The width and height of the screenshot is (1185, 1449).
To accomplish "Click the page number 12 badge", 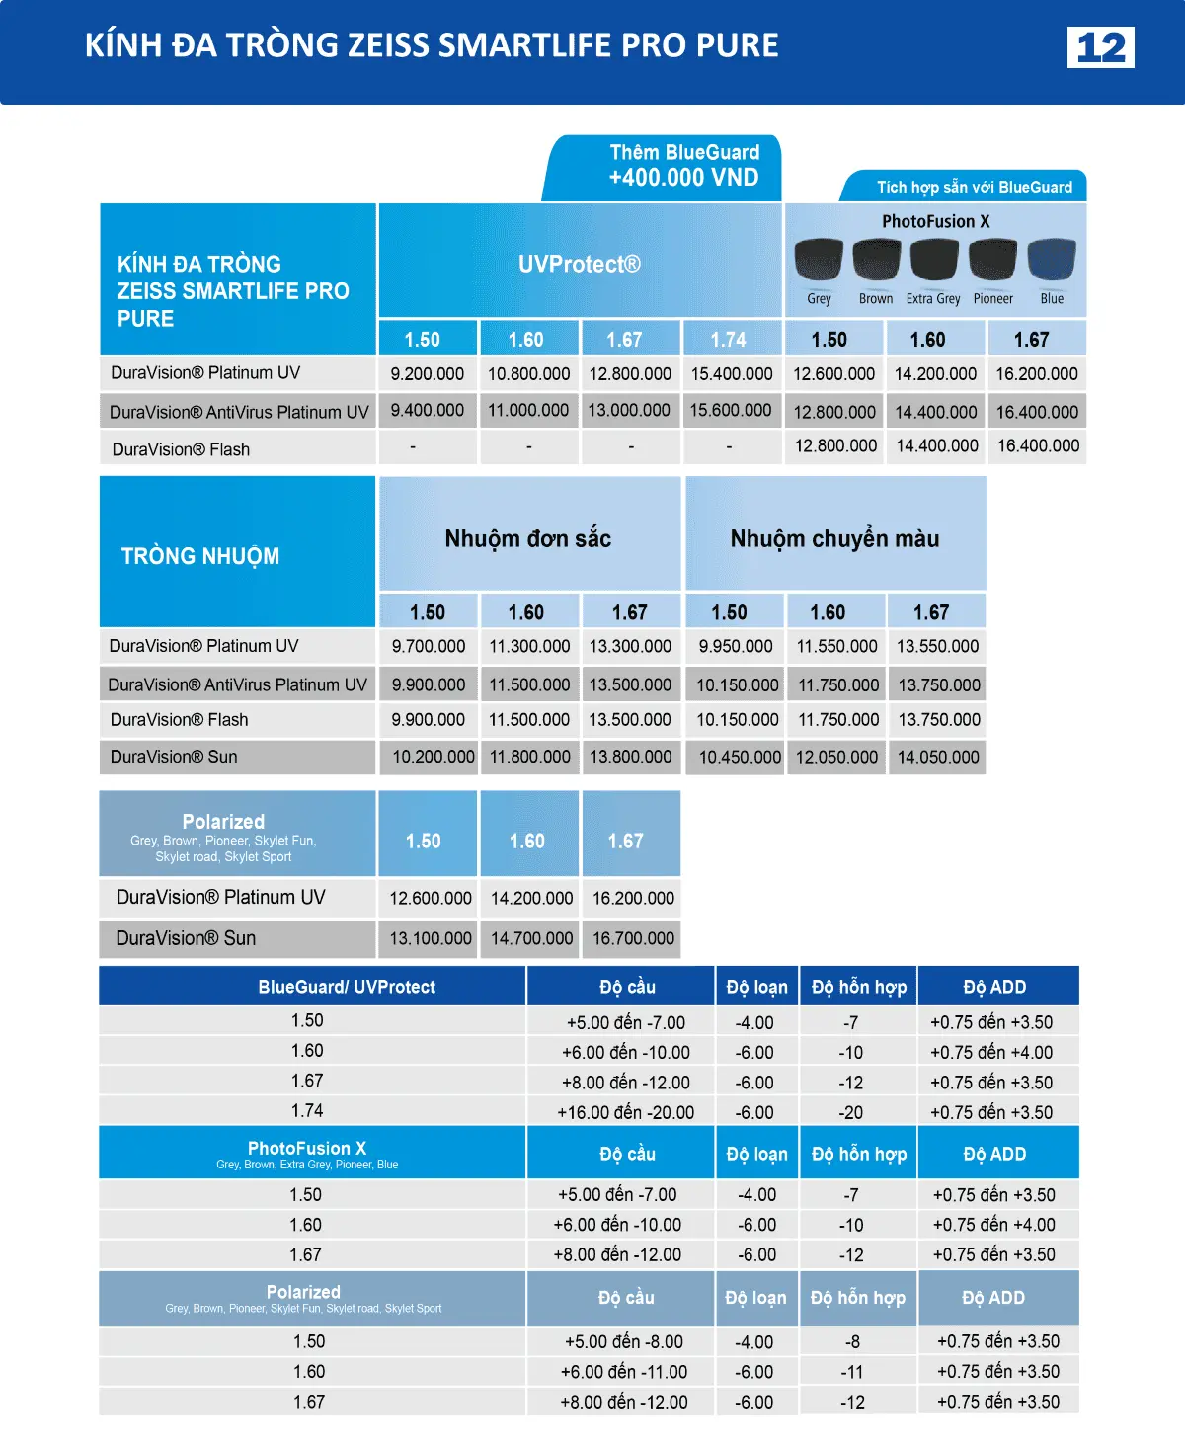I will click(1100, 46).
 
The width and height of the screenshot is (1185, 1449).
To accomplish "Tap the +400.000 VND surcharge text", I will click(683, 178).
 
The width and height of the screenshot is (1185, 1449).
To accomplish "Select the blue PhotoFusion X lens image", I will click(1052, 260).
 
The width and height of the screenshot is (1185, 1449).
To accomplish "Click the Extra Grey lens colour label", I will click(933, 299).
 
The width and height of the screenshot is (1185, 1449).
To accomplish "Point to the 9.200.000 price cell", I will click(427, 374).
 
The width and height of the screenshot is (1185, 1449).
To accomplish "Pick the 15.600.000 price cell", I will click(731, 411).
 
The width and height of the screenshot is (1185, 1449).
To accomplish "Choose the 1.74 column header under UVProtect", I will click(729, 340).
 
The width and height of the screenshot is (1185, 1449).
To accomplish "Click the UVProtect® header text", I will click(580, 264).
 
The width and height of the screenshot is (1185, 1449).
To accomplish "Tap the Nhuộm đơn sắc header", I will click(528, 539).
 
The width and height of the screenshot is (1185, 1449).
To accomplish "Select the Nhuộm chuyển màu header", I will click(834, 539).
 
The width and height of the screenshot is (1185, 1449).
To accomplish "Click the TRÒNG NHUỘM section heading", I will click(200, 556).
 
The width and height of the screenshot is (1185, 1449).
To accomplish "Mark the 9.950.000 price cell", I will click(736, 647).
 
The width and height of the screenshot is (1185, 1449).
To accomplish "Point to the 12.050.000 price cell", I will click(836, 758).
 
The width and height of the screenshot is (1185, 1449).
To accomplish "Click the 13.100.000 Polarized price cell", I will click(431, 938).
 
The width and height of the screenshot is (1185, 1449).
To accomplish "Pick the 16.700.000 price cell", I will click(633, 938).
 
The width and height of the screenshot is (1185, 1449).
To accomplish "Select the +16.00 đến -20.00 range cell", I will click(625, 1112).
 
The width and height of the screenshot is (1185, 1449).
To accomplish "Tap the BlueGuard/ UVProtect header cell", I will click(347, 987).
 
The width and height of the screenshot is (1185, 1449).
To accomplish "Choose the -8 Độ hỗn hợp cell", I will click(852, 1342).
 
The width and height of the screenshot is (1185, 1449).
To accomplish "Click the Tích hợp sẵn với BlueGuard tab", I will click(974, 187).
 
